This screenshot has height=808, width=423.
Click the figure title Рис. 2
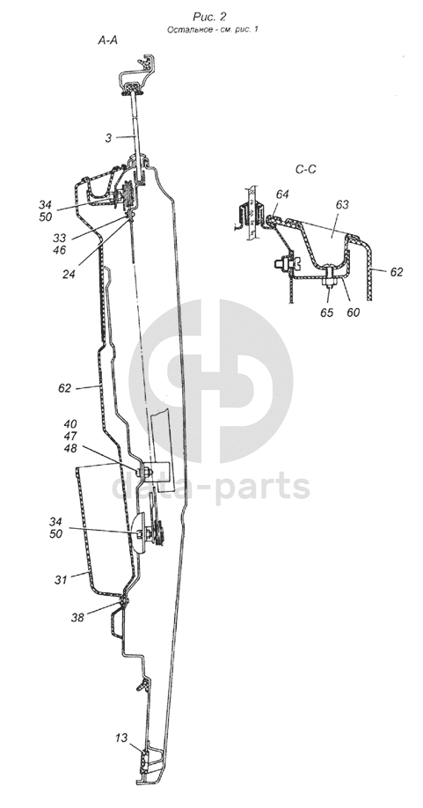[209, 17]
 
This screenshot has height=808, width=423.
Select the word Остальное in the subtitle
[186, 29]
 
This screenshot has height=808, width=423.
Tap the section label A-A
[108, 40]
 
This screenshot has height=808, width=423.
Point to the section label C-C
[306, 169]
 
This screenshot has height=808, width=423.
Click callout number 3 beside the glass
[108, 138]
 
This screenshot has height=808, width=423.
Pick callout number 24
[69, 275]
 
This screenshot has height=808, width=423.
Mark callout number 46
[60, 251]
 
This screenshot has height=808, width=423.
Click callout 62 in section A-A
[64, 388]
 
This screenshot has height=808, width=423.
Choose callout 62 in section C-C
[397, 272]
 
